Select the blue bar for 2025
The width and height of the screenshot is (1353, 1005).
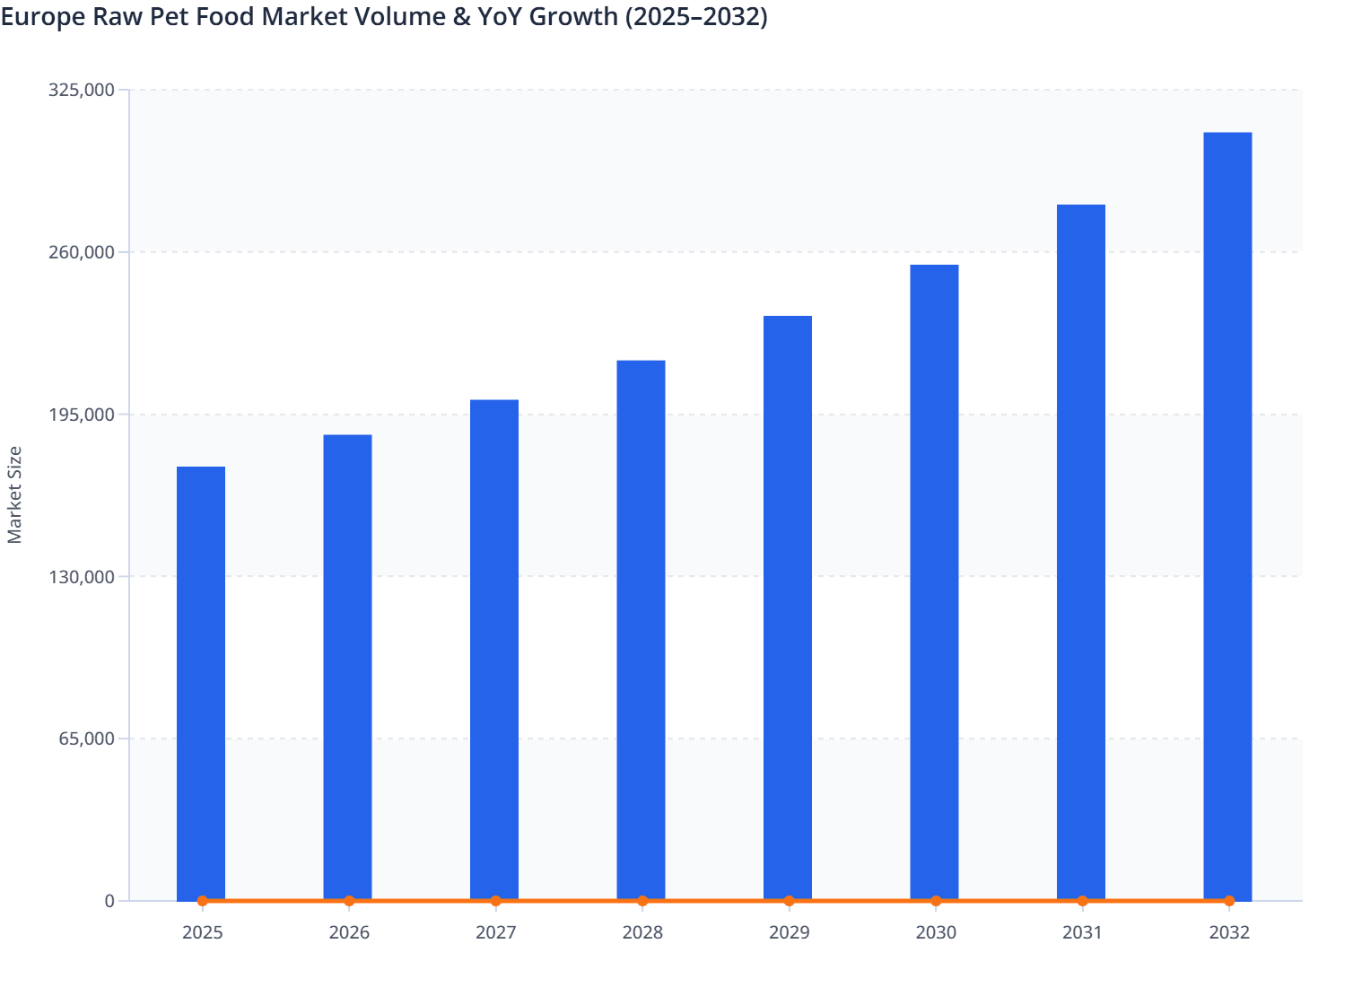[201, 682]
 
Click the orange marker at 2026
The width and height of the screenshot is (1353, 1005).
[349, 901]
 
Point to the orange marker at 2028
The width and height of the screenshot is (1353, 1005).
[642, 901]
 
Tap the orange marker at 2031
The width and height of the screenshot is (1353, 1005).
[1082, 901]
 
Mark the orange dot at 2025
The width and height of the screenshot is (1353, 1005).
[202, 901]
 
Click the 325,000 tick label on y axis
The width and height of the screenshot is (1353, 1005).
[82, 90]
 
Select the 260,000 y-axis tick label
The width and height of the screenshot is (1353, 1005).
[82, 252]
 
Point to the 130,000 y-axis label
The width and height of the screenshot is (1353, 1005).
[82, 577]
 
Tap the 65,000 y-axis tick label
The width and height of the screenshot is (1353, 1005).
[86, 739]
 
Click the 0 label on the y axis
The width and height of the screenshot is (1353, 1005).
[109, 901]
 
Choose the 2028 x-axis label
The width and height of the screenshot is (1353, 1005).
[642, 933]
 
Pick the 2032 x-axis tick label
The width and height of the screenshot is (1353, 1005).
[1229, 933]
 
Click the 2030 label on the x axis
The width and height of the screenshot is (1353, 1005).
[936, 933]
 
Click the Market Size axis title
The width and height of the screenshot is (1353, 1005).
[14, 494]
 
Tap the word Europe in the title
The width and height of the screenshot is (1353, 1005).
[42, 17]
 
